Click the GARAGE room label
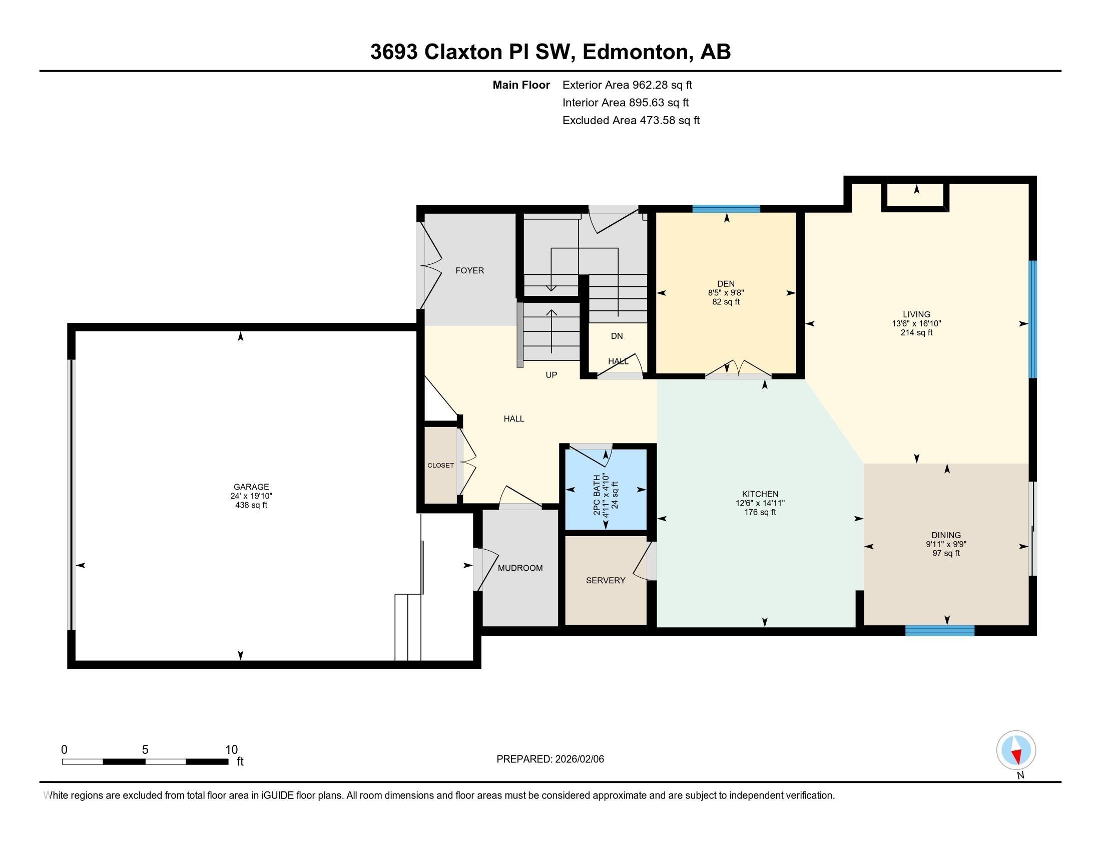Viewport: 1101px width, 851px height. [x=251, y=487]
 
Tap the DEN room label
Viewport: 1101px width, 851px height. [x=726, y=284]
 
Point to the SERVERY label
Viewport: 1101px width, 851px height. [x=606, y=580]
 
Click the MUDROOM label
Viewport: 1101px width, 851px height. [x=520, y=568]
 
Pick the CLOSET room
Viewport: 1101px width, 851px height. [x=440, y=466]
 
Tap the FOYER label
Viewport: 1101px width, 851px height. [x=469, y=270]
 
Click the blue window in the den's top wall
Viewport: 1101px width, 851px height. [x=726, y=209]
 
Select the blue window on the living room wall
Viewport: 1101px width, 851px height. [x=1032, y=319]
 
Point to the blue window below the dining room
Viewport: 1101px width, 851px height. [x=940, y=630]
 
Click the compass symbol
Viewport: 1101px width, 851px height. [x=1016, y=750]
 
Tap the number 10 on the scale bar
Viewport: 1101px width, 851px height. [x=231, y=749]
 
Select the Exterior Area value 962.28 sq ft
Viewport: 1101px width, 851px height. [x=662, y=85]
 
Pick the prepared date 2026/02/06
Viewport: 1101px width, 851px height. [x=578, y=759]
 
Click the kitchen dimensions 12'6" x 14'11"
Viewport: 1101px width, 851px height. [x=760, y=503]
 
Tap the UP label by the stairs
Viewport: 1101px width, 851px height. [x=551, y=374]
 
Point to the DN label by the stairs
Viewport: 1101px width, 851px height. [x=617, y=336]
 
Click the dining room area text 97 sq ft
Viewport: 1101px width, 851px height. [x=946, y=553]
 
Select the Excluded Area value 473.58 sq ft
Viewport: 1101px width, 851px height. [x=670, y=120]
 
